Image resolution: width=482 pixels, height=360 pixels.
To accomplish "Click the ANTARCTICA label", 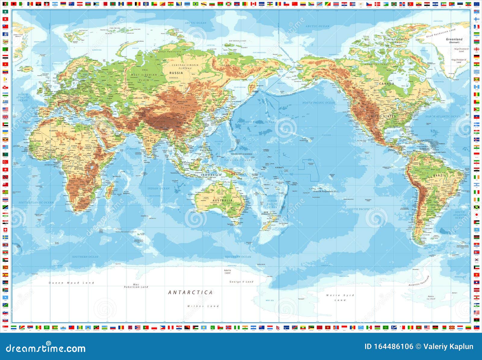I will [x=190, y=292].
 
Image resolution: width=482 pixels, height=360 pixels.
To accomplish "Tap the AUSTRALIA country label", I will [x=222, y=201].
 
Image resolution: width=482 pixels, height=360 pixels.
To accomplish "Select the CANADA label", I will [x=387, y=84].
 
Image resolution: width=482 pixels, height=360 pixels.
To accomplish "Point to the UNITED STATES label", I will [x=382, y=116].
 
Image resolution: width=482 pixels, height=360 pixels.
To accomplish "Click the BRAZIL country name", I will [x=439, y=175].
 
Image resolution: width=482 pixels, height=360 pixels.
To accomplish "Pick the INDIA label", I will [x=151, y=141].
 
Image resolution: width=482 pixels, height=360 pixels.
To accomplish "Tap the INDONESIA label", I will [x=211, y=175].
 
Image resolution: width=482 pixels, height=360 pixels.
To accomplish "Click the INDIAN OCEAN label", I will [x=158, y=188].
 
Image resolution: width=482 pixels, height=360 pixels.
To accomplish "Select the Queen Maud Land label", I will [x=71, y=283].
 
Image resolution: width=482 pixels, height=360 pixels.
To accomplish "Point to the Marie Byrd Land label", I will [x=340, y=298].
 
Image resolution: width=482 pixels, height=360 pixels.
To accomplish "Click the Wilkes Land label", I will [x=203, y=306].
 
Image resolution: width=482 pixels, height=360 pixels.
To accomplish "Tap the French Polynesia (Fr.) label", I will [x=326, y=191].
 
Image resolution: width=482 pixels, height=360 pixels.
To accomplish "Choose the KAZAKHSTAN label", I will [x=136, y=98].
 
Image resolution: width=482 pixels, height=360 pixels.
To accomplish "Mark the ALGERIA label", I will [x=53, y=131].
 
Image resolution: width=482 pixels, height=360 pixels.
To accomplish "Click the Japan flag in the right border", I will [x=477, y=215].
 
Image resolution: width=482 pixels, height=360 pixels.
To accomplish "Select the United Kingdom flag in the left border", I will [x=5, y=117].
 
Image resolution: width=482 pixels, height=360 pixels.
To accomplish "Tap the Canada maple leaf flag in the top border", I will [x=253, y=4].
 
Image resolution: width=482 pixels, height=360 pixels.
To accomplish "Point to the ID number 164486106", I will [x=389, y=346].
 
